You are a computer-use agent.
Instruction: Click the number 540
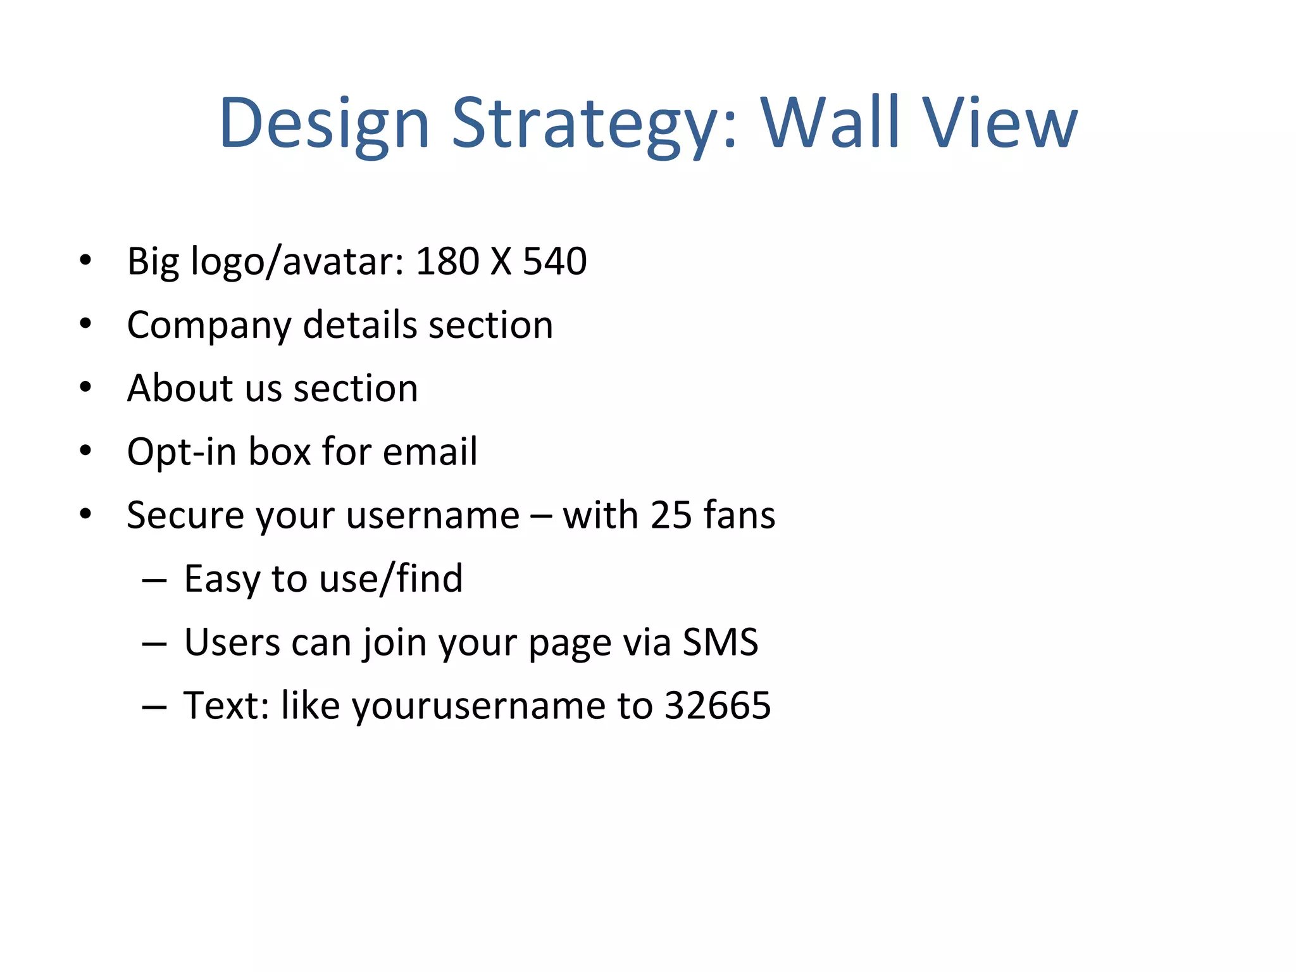coord(555,261)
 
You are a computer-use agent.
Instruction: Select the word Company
coord(208,326)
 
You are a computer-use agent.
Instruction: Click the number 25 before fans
coord(671,515)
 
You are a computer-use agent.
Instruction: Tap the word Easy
coord(221,579)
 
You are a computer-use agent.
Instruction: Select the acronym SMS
coord(720,642)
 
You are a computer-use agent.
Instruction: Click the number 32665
coord(718,706)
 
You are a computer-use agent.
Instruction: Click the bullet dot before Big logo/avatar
coord(85,261)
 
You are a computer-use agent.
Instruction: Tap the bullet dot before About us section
coord(85,388)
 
